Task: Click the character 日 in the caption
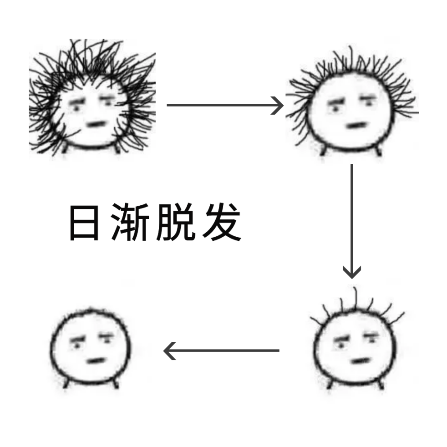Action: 84,223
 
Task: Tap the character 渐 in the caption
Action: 130,223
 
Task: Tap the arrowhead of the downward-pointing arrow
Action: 351,272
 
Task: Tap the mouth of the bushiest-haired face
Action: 96,123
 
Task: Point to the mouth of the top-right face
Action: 356,125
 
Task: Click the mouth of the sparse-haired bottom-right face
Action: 361,361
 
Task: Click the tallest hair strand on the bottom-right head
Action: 356,298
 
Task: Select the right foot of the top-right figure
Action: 378,152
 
